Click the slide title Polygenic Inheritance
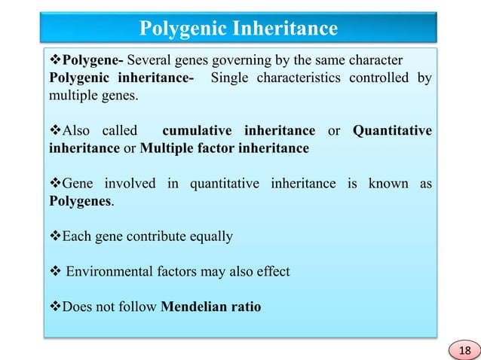click(240, 29)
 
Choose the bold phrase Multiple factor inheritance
click(224, 148)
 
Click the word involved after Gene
click(130, 184)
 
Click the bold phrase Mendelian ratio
click(211, 307)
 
